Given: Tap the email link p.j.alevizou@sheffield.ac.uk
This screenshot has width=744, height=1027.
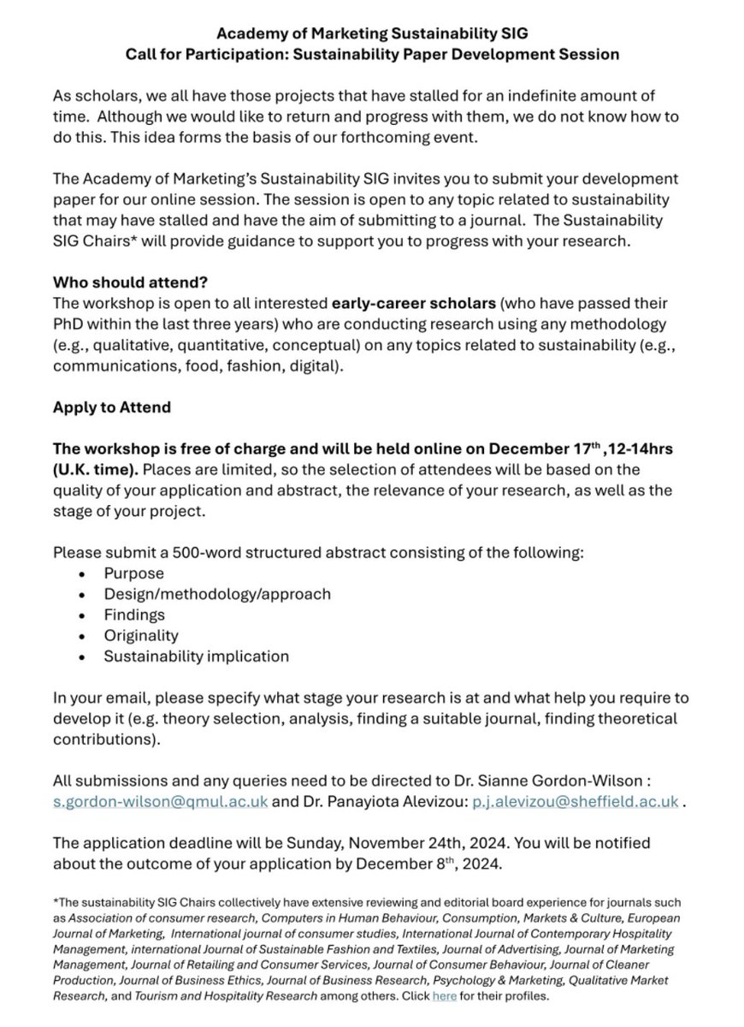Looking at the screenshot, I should click(x=576, y=801).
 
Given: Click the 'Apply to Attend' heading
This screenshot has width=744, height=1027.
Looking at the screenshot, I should click(x=111, y=407).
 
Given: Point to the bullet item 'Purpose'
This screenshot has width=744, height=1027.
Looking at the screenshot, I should click(x=133, y=573).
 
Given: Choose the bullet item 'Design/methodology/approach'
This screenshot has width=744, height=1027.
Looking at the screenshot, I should click(x=216, y=594).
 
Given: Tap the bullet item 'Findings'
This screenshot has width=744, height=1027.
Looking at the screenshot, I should click(x=134, y=614).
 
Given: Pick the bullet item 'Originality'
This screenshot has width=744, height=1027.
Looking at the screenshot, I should click(x=141, y=635).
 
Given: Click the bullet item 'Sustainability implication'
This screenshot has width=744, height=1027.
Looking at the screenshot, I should click(x=196, y=656).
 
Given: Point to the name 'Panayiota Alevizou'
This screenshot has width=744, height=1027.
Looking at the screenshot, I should click(x=398, y=801).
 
